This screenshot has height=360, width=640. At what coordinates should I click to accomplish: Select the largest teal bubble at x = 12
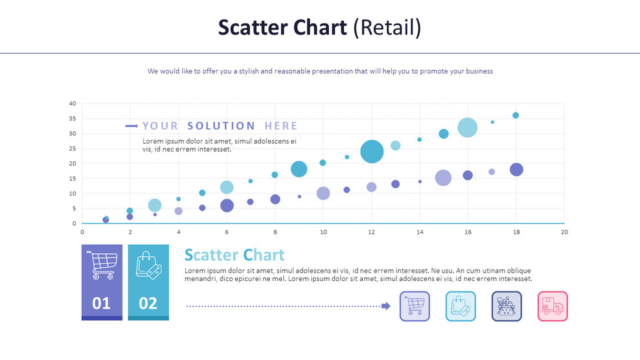click(x=372, y=152)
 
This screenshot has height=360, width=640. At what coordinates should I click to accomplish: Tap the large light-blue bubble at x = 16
click(x=468, y=128)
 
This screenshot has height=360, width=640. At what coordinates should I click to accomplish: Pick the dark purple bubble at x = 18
click(x=516, y=170)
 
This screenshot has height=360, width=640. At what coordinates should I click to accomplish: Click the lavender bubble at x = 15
click(x=443, y=178)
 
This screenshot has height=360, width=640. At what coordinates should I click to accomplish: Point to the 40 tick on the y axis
click(x=73, y=104)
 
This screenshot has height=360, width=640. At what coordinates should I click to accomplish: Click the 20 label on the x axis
click(x=564, y=232)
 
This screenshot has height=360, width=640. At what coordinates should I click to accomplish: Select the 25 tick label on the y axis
click(x=73, y=148)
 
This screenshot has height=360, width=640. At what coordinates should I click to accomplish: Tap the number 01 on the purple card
click(x=102, y=303)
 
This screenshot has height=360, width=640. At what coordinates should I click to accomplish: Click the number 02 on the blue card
click(x=148, y=303)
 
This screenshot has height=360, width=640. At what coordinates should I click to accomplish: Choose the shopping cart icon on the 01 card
click(x=102, y=265)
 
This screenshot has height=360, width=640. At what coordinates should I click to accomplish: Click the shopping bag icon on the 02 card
click(x=148, y=265)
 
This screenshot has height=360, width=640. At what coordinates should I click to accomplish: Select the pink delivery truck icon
click(x=553, y=306)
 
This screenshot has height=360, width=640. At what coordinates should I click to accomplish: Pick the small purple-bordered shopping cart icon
click(x=415, y=306)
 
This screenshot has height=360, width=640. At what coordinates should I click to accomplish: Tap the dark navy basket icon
click(x=507, y=306)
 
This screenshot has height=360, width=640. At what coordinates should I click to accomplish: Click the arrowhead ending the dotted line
click(x=387, y=306)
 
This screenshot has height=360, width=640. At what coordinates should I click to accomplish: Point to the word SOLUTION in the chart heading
click(x=221, y=126)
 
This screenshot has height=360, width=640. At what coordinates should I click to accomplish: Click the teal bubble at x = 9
click(x=299, y=169)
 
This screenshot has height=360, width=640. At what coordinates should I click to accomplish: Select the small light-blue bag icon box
click(x=461, y=306)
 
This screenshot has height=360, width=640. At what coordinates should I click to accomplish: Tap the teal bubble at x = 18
click(x=516, y=115)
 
